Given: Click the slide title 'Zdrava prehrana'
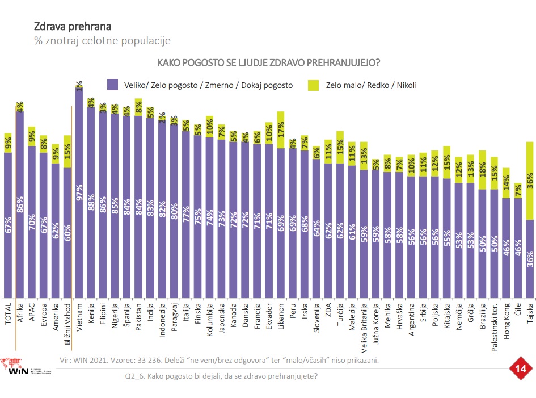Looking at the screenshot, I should tap(72, 26).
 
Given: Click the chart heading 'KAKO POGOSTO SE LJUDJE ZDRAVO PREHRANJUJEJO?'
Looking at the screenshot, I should tap(268, 62).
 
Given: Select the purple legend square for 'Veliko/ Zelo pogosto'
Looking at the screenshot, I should tap(112, 85).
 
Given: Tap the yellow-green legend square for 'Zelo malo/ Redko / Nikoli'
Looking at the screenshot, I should tap(313, 85).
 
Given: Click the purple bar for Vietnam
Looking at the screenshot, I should tap(79, 193).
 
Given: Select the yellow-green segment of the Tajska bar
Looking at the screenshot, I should tap(530, 181).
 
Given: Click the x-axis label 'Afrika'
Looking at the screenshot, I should tap(20, 314).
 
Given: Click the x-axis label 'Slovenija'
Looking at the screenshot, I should tap(316, 320).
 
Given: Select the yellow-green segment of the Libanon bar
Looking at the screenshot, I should tap(281, 129).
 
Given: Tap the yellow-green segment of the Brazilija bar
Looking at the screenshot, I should tap(482, 170).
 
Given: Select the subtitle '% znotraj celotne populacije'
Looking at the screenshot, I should tap(102, 41).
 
